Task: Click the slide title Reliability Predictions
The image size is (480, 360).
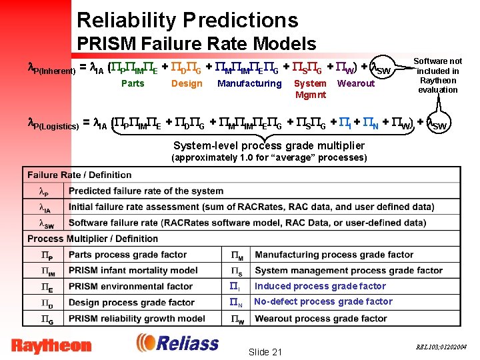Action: [187, 20]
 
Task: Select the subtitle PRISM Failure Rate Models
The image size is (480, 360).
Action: [197, 45]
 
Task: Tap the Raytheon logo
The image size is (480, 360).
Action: [51, 345]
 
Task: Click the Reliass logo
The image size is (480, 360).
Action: [177, 343]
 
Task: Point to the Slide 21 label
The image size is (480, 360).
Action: [265, 351]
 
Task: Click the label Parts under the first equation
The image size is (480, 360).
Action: [133, 83]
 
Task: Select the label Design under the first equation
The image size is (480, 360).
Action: [187, 83]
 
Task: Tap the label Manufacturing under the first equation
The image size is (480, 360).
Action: [249, 83]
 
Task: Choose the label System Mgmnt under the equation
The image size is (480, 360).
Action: [310, 89]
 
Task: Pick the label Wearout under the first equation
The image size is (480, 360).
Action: [356, 83]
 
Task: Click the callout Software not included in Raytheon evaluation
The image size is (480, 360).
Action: [438, 75]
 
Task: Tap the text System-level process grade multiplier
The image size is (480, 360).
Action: [269, 145]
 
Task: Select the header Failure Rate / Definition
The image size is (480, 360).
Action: [79, 175]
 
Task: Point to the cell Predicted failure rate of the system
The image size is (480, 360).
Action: [146, 191]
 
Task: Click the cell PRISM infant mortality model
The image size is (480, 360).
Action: [133, 271]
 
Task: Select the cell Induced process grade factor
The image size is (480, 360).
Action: [320, 286]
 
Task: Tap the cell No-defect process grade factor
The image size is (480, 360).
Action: [323, 301]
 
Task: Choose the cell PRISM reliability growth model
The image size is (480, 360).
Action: [137, 318]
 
